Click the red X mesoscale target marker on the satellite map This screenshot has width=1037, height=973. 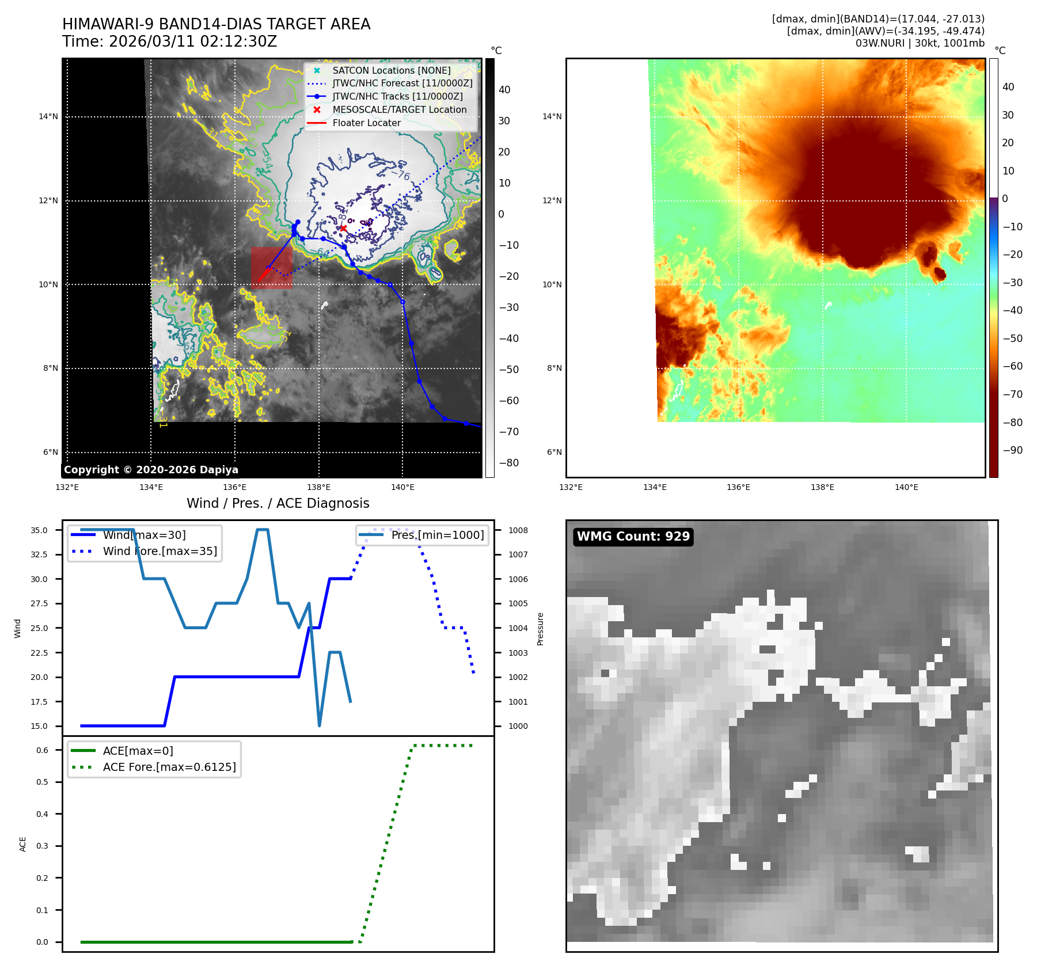pyautogui.click(x=343, y=229)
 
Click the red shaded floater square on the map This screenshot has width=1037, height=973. pyautogui.click(x=272, y=268)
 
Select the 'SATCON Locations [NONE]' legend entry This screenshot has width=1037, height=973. pyautogui.click(x=391, y=70)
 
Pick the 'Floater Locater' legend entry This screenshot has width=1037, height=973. pyautogui.click(x=366, y=123)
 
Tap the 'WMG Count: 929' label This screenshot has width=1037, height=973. pyautogui.click(x=633, y=537)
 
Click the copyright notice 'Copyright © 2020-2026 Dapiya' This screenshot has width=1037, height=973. pyautogui.click(x=151, y=470)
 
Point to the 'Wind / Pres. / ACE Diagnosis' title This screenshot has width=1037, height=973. pyautogui.click(x=278, y=503)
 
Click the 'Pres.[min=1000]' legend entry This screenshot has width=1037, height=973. pyautogui.click(x=437, y=535)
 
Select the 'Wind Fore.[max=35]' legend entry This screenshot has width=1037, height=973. pyautogui.click(x=159, y=551)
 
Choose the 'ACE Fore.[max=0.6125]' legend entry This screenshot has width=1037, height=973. pyautogui.click(x=169, y=767)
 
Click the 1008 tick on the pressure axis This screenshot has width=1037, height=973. pyautogui.click(x=518, y=530)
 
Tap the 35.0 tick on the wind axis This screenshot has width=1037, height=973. pyautogui.click(x=39, y=530)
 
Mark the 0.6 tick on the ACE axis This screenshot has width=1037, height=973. pyautogui.click(x=42, y=750)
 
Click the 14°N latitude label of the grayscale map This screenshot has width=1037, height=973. pyautogui.click(x=48, y=117)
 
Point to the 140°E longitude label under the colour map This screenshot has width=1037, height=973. pyautogui.click(x=906, y=488)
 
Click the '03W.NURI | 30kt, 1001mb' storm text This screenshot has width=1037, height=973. pyautogui.click(x=920, y=43)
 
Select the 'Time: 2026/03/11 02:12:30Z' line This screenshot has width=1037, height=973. pyautogui.click(x=169, y=41)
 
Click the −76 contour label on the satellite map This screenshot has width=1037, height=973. pyautogui.click(x=401, y=174)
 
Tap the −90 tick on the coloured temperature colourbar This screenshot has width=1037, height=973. pyautogui.click(x=1012, y=450)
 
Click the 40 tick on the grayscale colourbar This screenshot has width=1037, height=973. pyautogui.click(x=504, y=90)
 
